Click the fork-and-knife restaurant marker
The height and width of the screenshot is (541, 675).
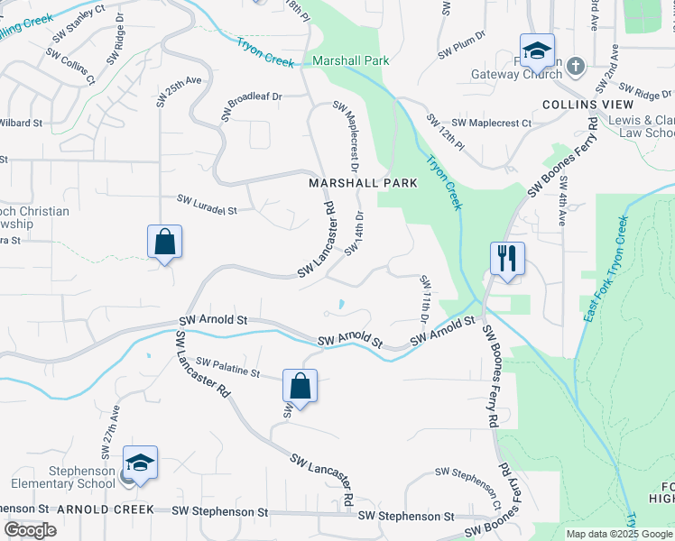(x=507, y=259)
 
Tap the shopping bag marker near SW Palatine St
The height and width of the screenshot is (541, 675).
(x=300, y=386)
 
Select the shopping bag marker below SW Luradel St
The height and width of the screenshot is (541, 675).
(x=164, y=242)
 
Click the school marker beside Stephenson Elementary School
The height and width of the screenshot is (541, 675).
(x=140, y=463)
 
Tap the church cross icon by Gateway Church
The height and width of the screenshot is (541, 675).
(x=578, y=66)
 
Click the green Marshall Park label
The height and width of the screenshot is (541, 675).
(x=350, y=61)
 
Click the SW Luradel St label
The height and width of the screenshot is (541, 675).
(x=207, y=204)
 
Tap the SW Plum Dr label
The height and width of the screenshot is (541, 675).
(x=462, y=50)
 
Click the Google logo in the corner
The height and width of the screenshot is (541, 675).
(x=31, y=530)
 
